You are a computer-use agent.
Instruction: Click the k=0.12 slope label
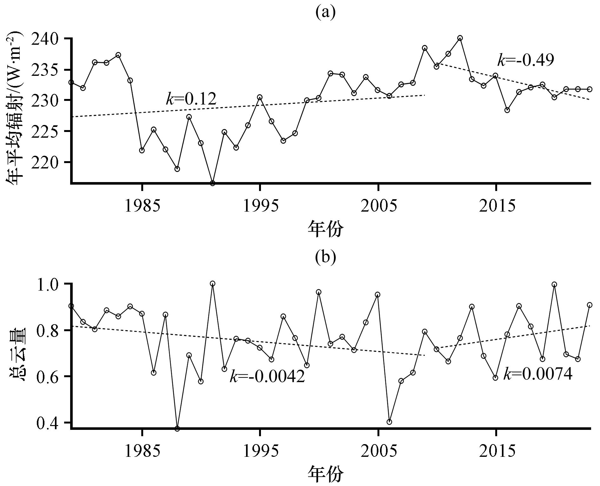(x=191, y=99)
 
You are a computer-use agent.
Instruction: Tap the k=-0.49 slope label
(x=525, y=60)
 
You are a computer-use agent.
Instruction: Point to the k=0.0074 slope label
(x=538, y=374)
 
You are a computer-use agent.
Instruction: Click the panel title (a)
(x=325, y=13)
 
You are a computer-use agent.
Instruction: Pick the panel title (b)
(x=325, y=258)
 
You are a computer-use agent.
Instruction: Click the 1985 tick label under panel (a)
(x=142, y=206)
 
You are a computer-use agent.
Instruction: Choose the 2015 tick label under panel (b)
(x=496, y=451)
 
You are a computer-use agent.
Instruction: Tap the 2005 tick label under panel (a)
(x=378, y=206)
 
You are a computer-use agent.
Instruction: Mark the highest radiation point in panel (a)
(x=460, y=38)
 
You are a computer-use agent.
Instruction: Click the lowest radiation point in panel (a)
(x=213, y=183)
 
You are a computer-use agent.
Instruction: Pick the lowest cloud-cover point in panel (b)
(x=177, y=429)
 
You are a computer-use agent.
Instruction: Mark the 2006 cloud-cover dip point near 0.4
(x=390, y=422)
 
